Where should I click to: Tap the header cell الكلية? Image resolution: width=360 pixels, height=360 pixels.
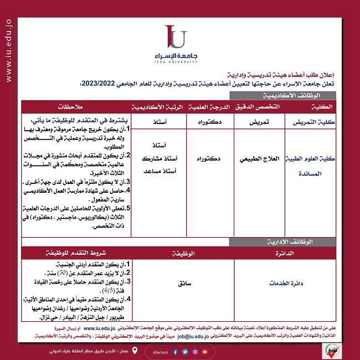point(322,106)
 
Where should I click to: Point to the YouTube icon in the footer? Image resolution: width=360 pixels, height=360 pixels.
point(205,351)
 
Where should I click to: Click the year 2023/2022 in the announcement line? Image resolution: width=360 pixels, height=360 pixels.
point(99,84)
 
